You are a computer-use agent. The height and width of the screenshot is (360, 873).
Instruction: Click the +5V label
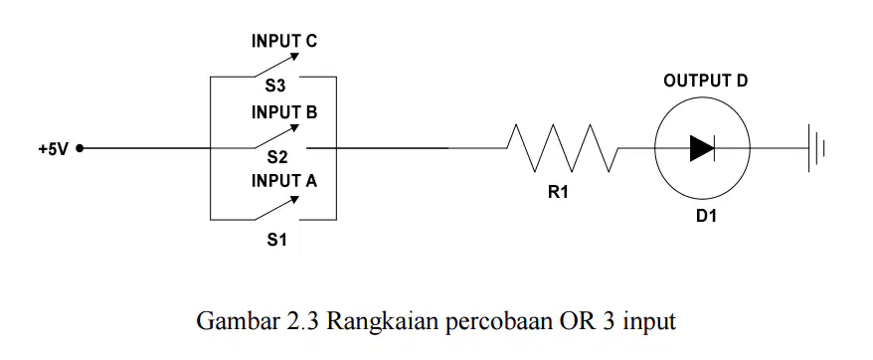[x=53, y=149]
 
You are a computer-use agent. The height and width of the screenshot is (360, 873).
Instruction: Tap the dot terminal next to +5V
[x=80, y=148]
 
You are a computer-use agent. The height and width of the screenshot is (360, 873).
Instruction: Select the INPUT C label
[x=284, y=41]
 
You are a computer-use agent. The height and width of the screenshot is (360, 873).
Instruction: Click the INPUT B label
[x=284, y=112]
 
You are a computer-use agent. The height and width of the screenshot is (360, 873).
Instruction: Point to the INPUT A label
[x=284, y=181]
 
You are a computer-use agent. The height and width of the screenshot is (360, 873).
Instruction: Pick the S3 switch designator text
[x=276, y=87]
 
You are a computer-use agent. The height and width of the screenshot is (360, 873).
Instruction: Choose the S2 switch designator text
[x=276, y=158]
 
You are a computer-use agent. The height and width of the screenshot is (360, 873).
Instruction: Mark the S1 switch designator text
[x=276, y=241]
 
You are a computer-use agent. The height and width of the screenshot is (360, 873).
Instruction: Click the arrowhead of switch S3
[x=294, y=57]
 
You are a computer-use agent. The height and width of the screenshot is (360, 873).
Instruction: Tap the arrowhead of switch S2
[x=294, y=128]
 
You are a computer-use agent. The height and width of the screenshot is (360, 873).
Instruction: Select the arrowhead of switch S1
[x=294, y=199]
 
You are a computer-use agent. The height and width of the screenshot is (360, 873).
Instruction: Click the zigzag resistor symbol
[x=563, y=148]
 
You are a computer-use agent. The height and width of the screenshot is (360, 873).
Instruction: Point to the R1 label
[x=558, y=193]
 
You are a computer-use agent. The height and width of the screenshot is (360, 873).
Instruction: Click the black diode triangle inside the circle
[x=702, y=148]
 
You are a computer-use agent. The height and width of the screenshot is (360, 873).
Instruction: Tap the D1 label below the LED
[x=706, y=216]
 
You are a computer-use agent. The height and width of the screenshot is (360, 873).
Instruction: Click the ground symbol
[x=816, y=148]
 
